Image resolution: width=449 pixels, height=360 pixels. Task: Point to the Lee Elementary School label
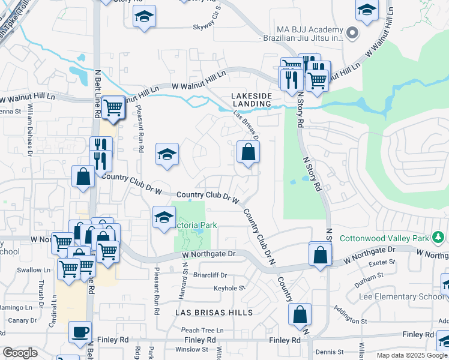401,296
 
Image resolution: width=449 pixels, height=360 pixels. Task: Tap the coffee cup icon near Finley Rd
80,332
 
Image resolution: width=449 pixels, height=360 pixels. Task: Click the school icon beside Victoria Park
164,218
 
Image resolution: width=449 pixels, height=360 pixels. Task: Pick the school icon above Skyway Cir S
144,17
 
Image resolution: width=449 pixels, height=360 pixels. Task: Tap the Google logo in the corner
20,352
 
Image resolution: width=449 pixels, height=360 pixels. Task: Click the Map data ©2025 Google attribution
412,355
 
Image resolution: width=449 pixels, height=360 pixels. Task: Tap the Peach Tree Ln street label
202,330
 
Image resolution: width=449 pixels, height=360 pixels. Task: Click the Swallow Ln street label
29,270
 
